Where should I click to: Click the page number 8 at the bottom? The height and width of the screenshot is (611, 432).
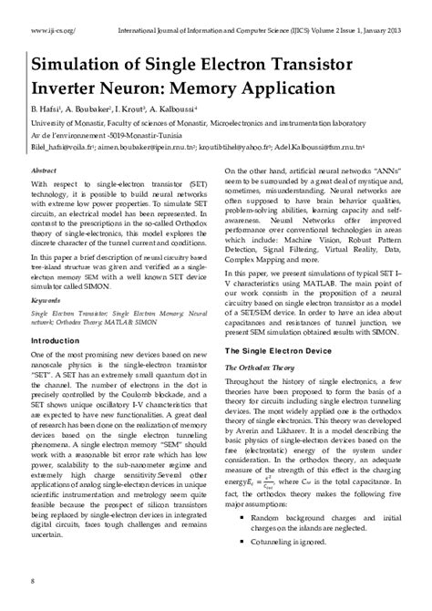click(x=34, y=581)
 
